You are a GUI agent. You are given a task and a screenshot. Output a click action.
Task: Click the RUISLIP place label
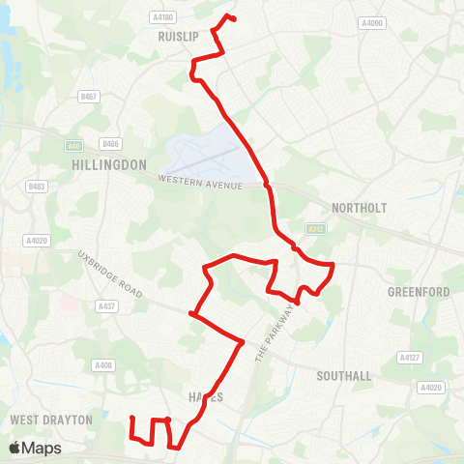[177, 36]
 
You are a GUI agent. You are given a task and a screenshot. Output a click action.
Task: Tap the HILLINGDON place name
[108, 165]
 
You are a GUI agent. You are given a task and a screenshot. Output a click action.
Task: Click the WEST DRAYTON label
[50, 420]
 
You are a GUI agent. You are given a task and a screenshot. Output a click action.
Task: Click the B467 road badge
[89, 97]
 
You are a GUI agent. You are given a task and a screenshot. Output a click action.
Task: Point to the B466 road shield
[110, 145]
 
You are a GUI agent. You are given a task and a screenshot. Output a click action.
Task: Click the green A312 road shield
[313, 229]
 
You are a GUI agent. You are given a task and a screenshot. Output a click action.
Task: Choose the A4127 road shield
[409, 357]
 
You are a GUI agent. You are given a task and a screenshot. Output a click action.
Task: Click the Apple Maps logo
[35, 448]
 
